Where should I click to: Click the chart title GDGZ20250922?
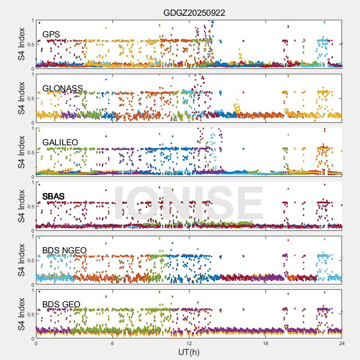pos(194,13)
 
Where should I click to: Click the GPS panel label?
pos(51,35)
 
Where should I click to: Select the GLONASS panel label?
pos(63,89)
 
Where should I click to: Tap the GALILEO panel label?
pos(60,143)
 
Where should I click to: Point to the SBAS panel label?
pos(54,197)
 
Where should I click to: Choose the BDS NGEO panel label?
pos(64,251)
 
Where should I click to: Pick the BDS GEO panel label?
pos(61,305)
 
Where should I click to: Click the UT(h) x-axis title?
pos(189,351)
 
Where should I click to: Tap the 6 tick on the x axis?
pos(112,343)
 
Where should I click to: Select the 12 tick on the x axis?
pos(189,343)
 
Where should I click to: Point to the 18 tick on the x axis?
pos(265,343)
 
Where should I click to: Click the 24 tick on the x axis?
pos(342,343)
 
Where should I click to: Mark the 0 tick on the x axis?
pos(36,343)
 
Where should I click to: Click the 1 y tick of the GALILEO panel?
pos(32,128)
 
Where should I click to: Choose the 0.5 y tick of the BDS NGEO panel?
pos(30,261)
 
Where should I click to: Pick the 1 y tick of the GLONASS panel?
pos(32,74)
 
